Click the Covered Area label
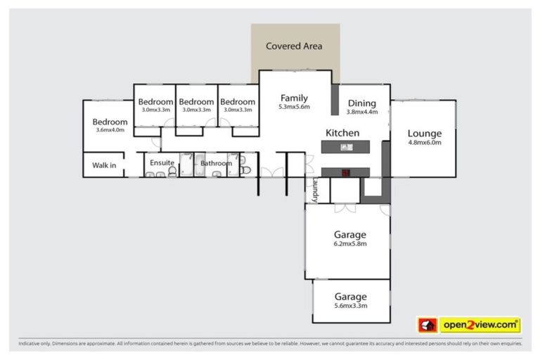point(294,46)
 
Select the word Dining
point(362,103)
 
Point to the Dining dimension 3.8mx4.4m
point(362,112)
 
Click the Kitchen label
point(342,133)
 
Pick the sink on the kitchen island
point(345,147)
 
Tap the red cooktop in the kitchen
point(345,172)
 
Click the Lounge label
point(425,134)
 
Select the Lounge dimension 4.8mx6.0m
point(425,143)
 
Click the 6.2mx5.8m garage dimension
point(350,244)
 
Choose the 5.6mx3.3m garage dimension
point(350,306)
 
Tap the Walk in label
point(104,166)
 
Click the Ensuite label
point(162,163)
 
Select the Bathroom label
point(216,164)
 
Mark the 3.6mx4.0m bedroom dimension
point(109,130)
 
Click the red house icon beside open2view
point(427,325)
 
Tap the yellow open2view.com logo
point(480,325)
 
